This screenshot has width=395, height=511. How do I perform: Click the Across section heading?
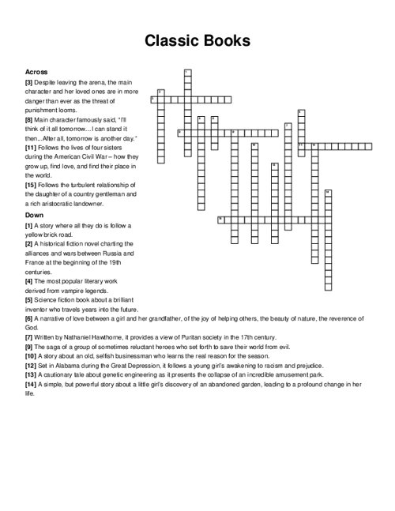click(x=37, y=70)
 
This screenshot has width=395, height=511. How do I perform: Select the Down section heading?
click(x=34, y=214)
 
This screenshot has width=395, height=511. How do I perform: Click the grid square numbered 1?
click(x=186, y=73)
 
